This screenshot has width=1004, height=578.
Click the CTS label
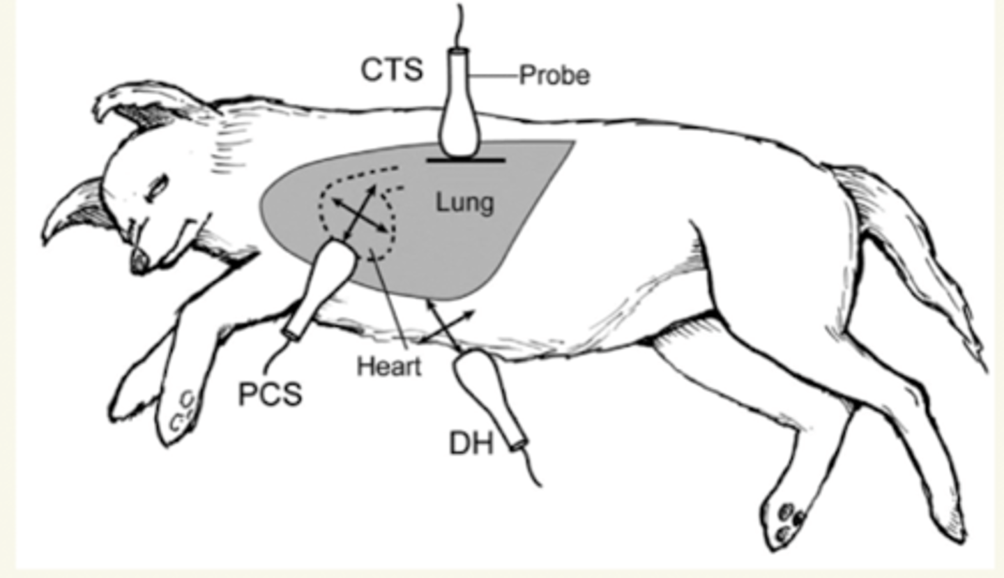[392, 70]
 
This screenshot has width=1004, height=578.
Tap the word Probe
[554, 75]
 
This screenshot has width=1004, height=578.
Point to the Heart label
[389, 366]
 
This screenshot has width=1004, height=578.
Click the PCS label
[271, 395]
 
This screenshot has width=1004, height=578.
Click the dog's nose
[139, 261]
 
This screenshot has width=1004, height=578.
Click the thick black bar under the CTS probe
[465, 160]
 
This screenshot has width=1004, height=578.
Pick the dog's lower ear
[77, 206]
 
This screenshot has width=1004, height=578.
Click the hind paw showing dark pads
[788, 519]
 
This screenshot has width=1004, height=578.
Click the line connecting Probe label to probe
[495, 75]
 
